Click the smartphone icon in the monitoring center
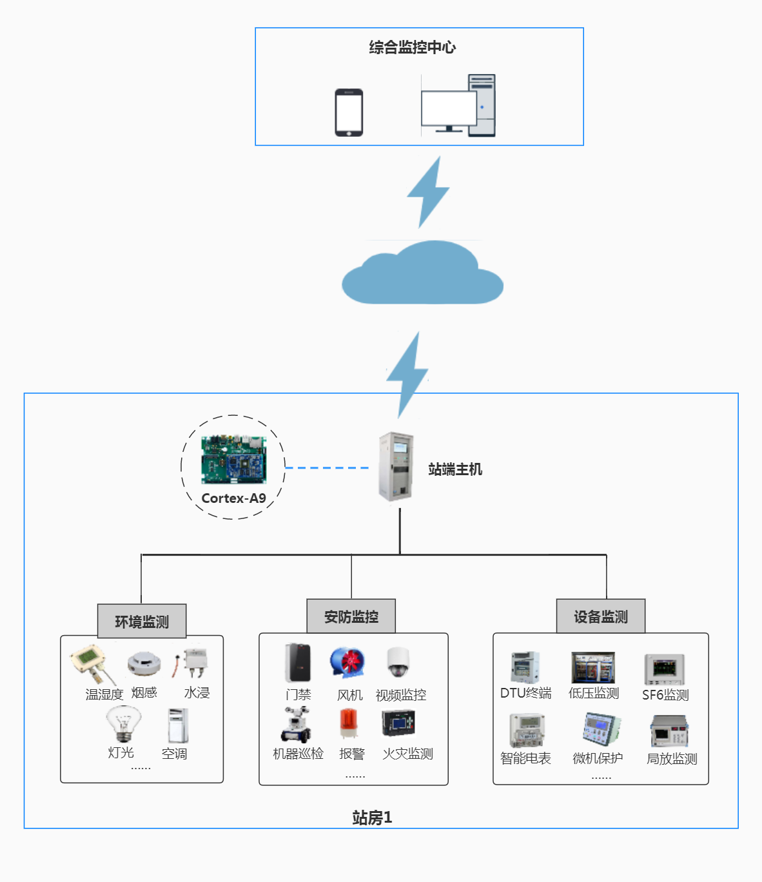click(349, 113)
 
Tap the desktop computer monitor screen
click(448, 108)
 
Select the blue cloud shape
click(422, 274)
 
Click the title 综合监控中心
click(413, 47)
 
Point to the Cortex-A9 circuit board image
click(233, 459)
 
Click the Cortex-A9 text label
click(233, 498)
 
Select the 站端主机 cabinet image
click(396, 467)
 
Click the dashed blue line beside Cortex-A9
click(327, 467)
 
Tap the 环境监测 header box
click(142, 622)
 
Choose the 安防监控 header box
click(351, 616)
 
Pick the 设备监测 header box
click(601, 616)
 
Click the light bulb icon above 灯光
click(123, 723)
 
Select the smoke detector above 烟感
click(144, 663)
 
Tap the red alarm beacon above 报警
click(349, 724)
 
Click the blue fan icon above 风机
click(348, 663)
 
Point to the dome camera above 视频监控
click(398, 662)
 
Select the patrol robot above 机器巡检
click(297, 725)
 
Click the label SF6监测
click(665, 695)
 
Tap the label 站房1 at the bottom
click(372, 818)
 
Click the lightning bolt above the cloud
click(428, 191)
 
